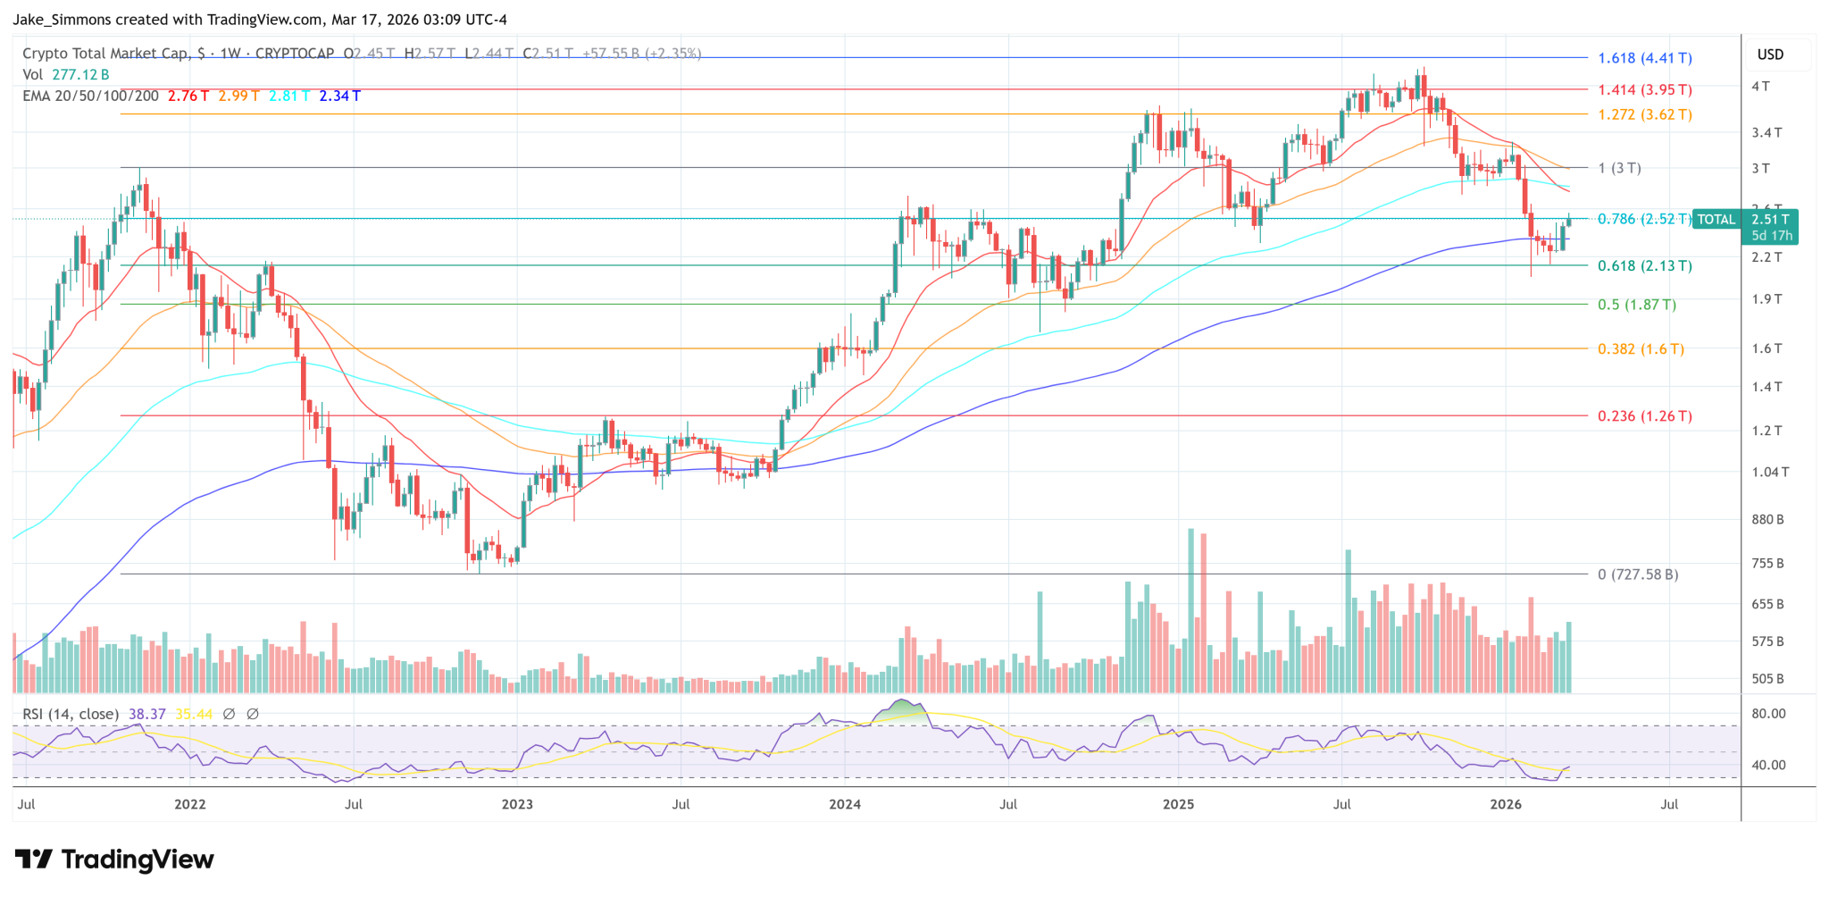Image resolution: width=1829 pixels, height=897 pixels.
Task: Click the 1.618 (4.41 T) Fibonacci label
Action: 1644,58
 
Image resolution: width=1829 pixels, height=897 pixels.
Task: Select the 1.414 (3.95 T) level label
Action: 1644,89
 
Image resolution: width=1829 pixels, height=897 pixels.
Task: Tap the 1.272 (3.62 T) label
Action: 1644,114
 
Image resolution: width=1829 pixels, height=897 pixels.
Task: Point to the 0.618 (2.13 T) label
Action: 1644,265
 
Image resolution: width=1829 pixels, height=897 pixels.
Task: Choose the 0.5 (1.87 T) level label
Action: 1636,305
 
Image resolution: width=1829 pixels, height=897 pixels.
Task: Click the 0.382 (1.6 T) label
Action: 1641,349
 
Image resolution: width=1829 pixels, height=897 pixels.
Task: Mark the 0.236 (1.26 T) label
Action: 1644,416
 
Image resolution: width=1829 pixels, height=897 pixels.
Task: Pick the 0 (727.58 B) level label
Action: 1637,574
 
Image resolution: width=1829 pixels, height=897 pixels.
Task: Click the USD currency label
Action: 1770,54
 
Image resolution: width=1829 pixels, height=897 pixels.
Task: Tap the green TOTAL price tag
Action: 1716,219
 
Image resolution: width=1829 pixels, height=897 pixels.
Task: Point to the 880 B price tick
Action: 1767,519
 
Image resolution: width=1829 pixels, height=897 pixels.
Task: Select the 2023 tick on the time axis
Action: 517,804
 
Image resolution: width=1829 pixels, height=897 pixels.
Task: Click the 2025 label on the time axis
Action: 1178,804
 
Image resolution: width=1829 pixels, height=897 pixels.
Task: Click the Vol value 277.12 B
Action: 80,75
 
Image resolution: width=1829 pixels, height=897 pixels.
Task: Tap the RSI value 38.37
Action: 146,714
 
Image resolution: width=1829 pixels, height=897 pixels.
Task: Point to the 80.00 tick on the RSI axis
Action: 1768,714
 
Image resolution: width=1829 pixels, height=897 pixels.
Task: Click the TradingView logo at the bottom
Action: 114,859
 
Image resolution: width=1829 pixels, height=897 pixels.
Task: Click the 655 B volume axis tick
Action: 1767,604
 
